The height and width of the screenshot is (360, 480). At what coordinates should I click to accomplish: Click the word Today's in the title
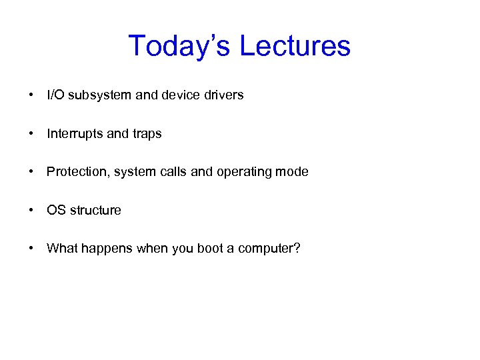coord(180,46)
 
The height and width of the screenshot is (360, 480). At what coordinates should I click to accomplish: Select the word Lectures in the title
coord(295,46)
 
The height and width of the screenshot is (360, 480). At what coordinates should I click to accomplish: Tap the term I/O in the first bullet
coord(55,95)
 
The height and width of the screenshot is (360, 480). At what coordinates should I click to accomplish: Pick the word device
coord(181,95)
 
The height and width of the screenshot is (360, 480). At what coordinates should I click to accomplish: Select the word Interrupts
coord(75,133)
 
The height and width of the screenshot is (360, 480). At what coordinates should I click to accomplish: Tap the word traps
coord(147,133)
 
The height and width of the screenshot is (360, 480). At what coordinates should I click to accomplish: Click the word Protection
coord(78,172)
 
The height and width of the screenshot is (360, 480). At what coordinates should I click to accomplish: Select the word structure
coord(95,210)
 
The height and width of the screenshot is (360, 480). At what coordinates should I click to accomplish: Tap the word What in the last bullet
coord(62,249)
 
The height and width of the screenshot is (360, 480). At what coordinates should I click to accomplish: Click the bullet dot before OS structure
coord(31,210)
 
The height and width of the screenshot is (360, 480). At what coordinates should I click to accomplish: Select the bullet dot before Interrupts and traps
coord(31,133)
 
